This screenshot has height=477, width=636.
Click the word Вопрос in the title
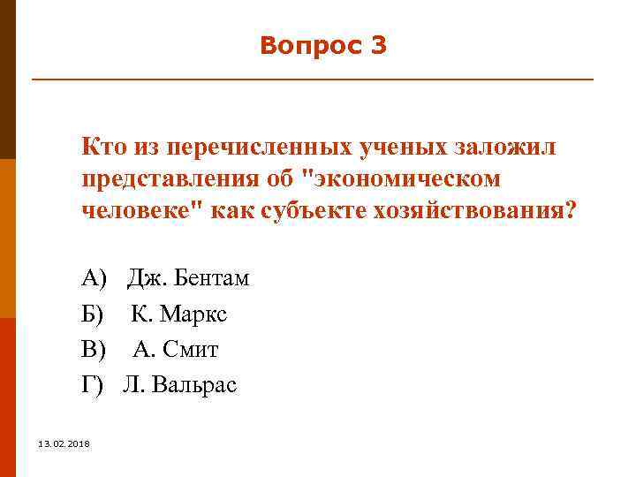(306, 46)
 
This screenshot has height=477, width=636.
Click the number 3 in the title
(378, 46)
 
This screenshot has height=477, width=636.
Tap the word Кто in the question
(102, 147)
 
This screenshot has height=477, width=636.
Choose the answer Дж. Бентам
(188, 279)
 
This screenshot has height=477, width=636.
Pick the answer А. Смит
(176, 350)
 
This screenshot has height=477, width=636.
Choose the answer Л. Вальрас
(180, 385)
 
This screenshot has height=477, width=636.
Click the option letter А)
(94, 279)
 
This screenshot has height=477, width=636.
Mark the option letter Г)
(93, 385)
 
